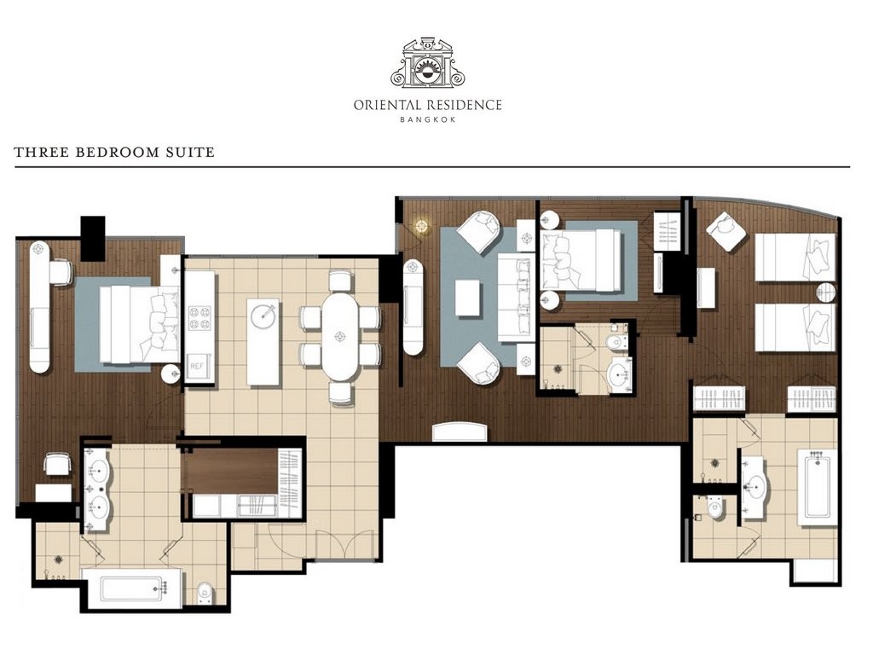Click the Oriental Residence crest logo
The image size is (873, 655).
coord(428,63)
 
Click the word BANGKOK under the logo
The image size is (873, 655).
coord(428,119)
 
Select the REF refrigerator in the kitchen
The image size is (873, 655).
coord(199,367)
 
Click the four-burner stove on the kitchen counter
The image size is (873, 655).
coord(199,316)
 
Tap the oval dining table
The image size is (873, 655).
coord(339,336)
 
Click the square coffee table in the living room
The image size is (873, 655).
coord(467,298)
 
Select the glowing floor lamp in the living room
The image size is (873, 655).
coord(421,225)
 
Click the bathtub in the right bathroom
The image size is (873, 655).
coord(816,487)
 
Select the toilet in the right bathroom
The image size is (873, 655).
coord(711,508)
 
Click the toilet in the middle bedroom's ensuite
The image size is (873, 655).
coord(616,341)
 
